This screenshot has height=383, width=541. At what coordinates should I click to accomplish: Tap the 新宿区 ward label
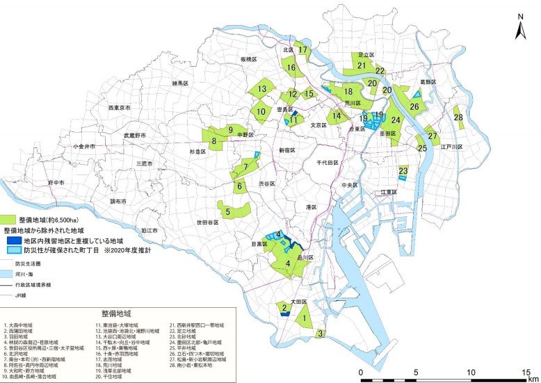click(x=288, y=150)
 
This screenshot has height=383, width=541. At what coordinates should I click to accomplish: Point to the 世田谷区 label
click(x=208, y=222)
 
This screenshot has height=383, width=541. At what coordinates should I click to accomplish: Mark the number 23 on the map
click(x=403, y=170)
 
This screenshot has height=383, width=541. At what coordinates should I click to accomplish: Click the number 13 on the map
click(x=261, y=89)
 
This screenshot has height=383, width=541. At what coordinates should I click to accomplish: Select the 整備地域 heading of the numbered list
click(x=115, y=314)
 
